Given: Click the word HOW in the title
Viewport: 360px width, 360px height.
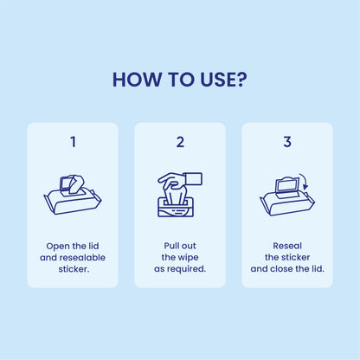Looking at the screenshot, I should [135, 80].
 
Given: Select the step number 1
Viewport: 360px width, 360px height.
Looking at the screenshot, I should [73, 142].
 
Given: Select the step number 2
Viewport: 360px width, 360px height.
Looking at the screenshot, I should [180, 142].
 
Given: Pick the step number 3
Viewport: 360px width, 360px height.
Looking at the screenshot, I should [287, 142].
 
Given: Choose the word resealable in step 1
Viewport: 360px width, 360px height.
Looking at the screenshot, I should [82, 257].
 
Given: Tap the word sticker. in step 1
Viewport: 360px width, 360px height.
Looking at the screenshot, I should [73, 268].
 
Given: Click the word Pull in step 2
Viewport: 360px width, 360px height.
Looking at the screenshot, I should [171, 246].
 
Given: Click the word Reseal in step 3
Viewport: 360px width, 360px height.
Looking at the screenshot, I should [287, 246].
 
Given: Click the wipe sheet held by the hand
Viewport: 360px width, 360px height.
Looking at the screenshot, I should [195, 178].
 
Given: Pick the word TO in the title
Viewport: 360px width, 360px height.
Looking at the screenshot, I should [174, 80].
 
